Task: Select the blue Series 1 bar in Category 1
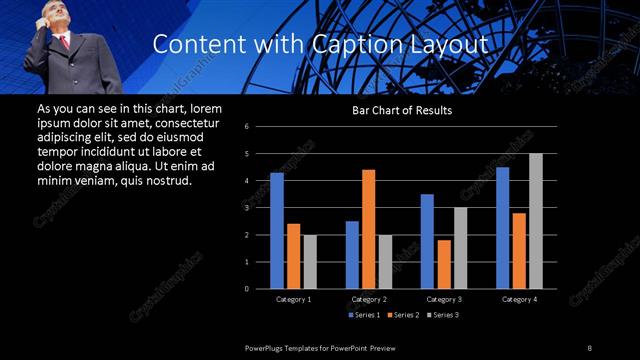(277, 231)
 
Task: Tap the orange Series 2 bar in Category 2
(368, 229)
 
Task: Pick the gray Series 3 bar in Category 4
(536, 221)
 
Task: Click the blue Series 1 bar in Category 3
(427, 241)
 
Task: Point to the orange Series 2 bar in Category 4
(518, 251)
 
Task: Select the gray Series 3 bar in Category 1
(309, 261)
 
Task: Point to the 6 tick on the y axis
(260, 127)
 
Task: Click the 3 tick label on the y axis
(260, 208)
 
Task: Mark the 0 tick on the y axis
(260, 289)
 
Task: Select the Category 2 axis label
(369, 299)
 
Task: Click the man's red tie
(65, 42)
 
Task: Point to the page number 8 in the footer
(590, 347)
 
